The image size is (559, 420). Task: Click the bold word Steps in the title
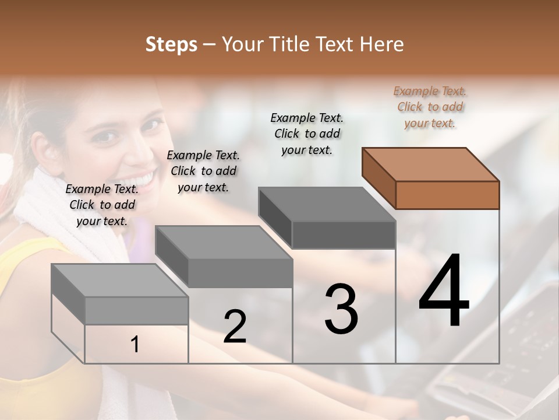pos(171,44)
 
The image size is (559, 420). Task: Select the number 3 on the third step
pos(341,309)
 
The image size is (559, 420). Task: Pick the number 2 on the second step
pos(235,327)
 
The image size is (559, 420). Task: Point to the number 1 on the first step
pos(135,345)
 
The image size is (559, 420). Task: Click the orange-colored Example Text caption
pos(430,107)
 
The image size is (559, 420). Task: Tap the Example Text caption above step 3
pos(307,134)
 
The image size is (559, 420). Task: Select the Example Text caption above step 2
pos(203,171)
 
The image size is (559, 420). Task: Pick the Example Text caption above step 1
pos(102,205)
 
